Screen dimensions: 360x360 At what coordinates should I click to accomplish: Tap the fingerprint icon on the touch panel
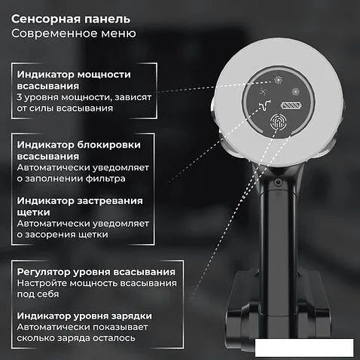click(278, 122)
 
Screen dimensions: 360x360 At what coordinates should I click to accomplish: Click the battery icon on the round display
click(291, 105)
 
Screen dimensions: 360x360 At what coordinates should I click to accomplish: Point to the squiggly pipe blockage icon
click(264, 105)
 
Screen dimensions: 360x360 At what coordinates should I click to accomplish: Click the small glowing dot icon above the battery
click(295, 91)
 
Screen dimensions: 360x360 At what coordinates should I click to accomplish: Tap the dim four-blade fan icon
click(264, 93)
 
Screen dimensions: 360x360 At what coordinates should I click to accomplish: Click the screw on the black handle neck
click(277, 182)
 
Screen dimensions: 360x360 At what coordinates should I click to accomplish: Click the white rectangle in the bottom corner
click(304, 348)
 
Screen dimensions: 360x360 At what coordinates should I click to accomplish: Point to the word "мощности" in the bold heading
click(104, 75)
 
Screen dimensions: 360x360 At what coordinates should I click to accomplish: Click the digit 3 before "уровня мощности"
click(20, 97)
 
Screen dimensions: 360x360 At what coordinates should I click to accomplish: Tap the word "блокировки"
click(108, 145)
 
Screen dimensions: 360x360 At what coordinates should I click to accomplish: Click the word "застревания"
click(110, 201)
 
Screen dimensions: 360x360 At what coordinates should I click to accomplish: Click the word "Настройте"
click(42, 283)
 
